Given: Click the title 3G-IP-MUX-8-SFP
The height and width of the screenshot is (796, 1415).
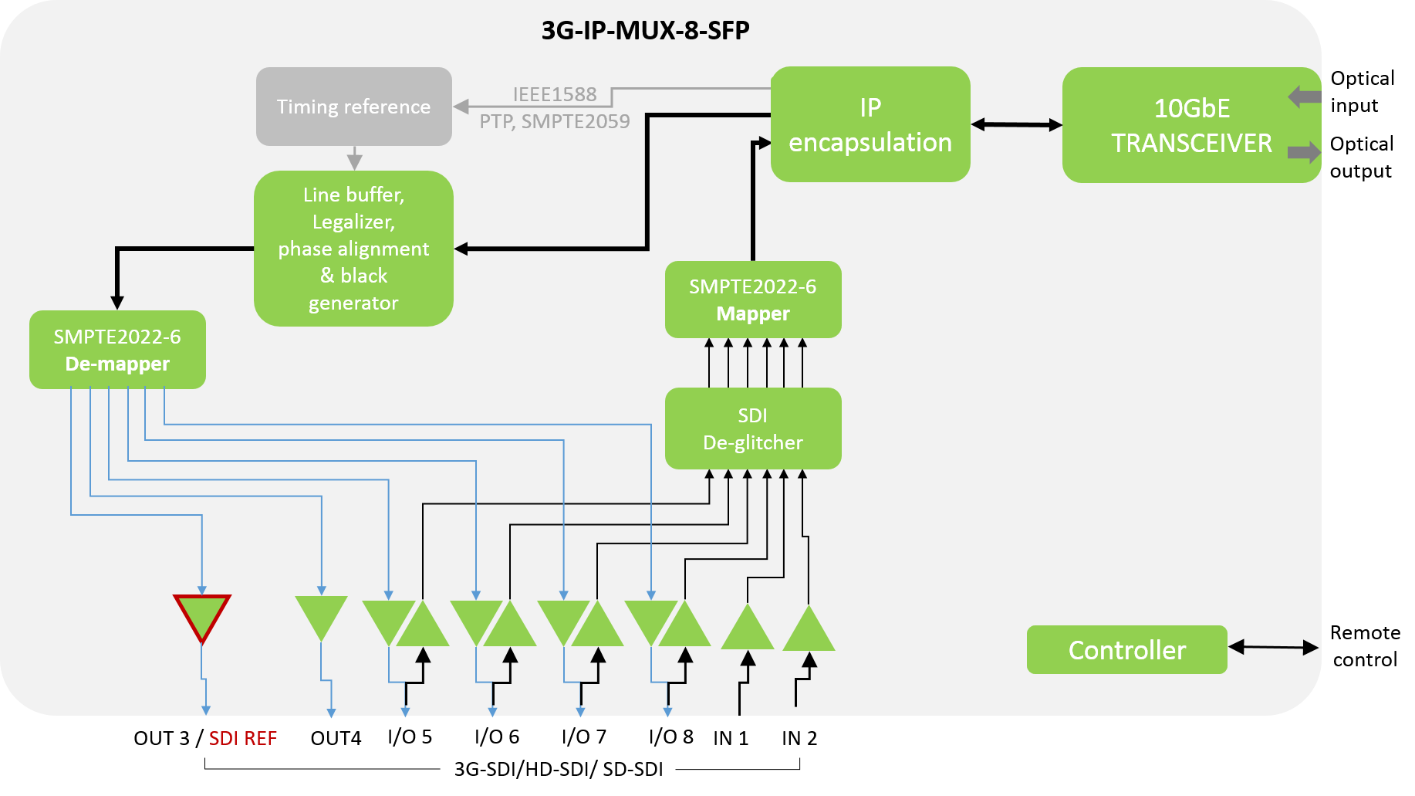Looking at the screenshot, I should (645, 30).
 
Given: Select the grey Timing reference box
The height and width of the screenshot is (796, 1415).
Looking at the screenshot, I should (353, 107).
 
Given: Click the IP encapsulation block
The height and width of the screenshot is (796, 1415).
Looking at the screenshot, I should (870, 124).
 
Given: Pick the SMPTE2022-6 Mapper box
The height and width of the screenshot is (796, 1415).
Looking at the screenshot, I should (752, 300).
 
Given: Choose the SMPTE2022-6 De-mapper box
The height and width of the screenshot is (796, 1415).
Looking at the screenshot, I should (117, 350).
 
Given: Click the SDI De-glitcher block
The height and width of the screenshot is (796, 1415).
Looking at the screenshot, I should (752, 428).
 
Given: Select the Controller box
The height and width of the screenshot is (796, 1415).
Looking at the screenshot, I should (1126, 650).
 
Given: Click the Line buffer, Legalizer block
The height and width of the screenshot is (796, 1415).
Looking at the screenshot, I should (353, 248).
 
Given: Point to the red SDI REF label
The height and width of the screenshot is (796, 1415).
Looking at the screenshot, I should (242, 739).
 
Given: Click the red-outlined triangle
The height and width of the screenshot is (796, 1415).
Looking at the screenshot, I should (202, 615).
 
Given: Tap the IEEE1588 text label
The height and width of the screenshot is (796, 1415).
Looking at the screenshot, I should (555, 94).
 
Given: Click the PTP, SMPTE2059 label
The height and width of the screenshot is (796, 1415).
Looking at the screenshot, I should (555, 121).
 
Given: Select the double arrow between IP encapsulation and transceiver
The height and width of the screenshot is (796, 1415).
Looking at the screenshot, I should (1016, 124).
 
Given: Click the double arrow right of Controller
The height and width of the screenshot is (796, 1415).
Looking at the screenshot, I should (1273, 647).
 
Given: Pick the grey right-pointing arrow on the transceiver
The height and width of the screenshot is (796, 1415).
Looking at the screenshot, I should (1304, 151).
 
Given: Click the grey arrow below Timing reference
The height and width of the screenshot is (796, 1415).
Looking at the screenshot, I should (354, 158).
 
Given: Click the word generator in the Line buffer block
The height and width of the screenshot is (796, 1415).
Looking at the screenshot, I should (353, 303).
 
